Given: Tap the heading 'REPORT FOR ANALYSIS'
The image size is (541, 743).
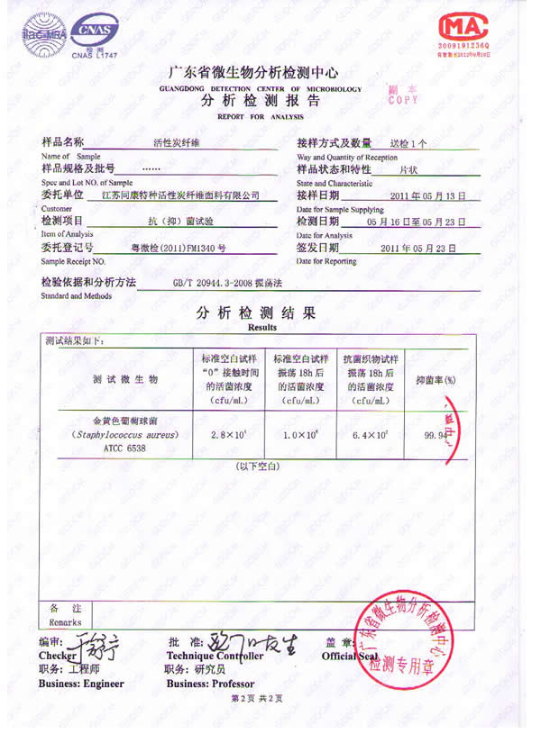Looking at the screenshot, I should pyautogui.click(x=261, y=117).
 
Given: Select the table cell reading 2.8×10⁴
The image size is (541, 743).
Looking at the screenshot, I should pyautogui.click(x=229, y=436).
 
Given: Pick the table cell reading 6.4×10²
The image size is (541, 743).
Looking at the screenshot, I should pyautogui.click(x=370, y=436).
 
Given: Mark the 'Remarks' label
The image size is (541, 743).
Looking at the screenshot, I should pyautogui.click(x=65, y=622).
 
